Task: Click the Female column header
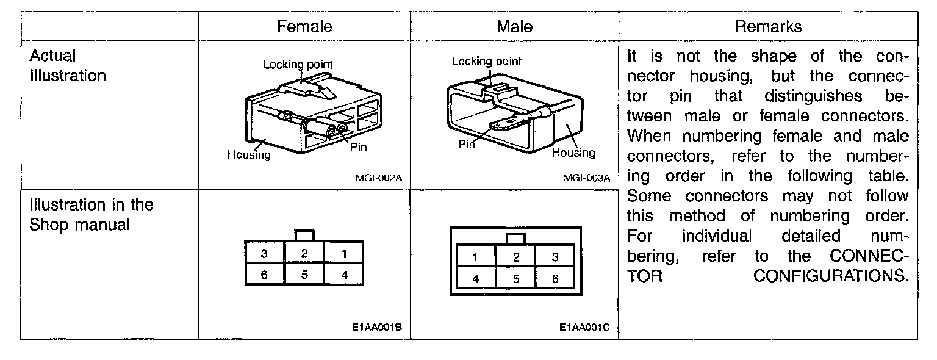(x=304, y=27)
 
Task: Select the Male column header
(x=514, y=27)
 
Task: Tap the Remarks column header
(x=768, y=27)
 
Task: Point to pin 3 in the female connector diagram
(x=264, y=253)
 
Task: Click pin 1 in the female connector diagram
(x=344, y=253)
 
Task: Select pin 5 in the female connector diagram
(x=304, y=275)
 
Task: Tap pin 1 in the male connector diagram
(x=476, y=257)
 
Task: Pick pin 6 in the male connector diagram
(x=555, y=278)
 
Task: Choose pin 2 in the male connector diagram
(x=515, y=257)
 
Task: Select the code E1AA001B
(x=377, y=328)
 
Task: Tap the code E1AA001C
(x=585, y=328)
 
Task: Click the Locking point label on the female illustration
(x=298, y=64)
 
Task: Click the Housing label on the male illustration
(x=573, y=153)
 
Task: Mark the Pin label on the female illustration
(x=359, y=146)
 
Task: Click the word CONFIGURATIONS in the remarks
(x=828, y=276)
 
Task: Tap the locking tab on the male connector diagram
(x=515, y=238)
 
